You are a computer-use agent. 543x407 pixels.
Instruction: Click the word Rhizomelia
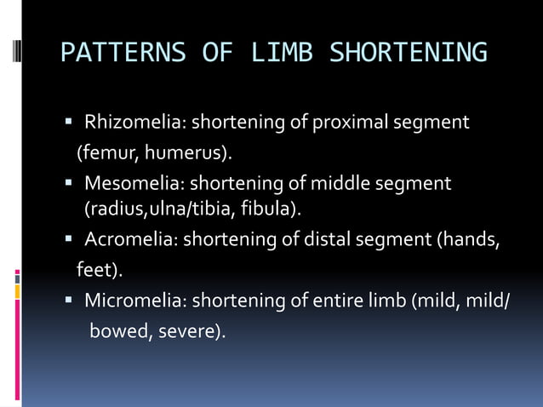(134, 123)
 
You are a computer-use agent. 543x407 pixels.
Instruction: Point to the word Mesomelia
(134, 184)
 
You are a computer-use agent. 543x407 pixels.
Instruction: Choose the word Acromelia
(130, 242)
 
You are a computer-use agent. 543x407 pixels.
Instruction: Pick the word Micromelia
(135, 301)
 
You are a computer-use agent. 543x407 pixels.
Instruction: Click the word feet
(94, 272)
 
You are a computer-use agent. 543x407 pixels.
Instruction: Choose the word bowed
(117, 331)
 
